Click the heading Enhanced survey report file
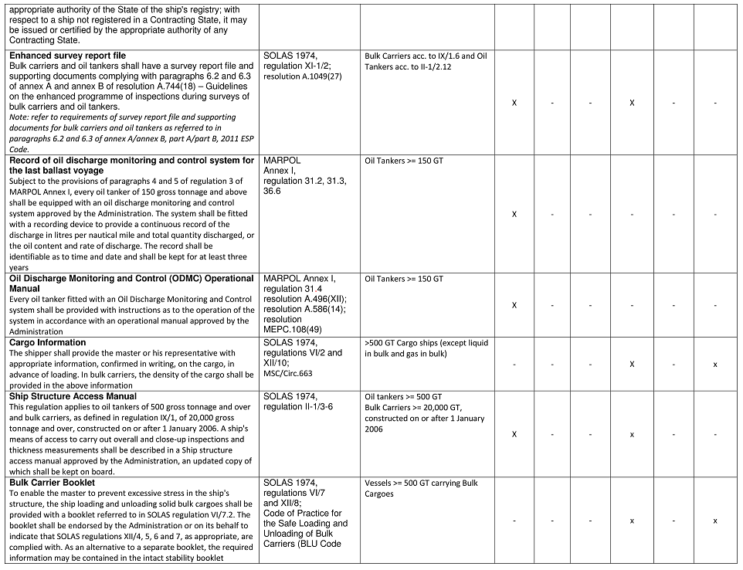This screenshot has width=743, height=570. [x=67, y=56]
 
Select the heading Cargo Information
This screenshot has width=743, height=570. [x=48, y=342]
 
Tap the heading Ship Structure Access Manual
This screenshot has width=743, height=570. [x=73, y=396]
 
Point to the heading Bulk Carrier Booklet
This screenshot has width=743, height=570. [x=52, y=483]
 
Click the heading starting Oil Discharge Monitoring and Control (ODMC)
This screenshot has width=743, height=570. [x=131, y=278]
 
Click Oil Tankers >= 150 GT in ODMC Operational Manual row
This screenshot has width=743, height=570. [x=404, y=278]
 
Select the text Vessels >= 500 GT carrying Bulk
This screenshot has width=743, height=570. [x=421, y=483]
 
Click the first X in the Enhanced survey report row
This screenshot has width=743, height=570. [x=514, y=103]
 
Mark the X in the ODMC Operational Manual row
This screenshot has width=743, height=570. [x=514, y=305]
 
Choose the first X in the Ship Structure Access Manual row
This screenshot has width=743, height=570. [x=514, y=434]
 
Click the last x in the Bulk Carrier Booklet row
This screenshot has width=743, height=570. [x=715, y=521]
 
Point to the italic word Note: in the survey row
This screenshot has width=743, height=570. [x=19, y=117]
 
